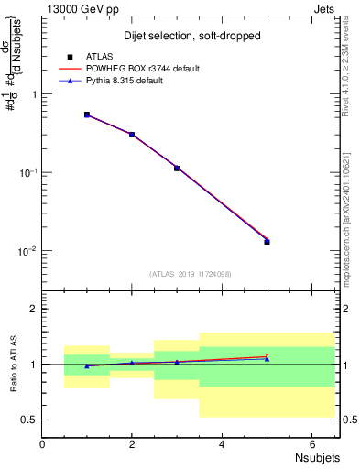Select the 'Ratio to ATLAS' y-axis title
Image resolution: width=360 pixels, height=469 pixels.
pos(13,366)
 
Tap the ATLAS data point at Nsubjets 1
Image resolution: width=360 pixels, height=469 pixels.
pos(87,115)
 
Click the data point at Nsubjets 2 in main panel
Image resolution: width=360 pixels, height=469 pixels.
pos(132,135)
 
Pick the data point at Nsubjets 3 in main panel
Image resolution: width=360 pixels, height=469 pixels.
pos(177,168)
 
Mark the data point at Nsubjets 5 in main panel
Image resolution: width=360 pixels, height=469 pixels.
pos(267,241)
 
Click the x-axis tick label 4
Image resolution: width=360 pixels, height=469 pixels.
pos(222,443)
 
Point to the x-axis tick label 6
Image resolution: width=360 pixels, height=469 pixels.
pos(311,443)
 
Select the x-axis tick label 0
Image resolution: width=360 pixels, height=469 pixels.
pos(42,443)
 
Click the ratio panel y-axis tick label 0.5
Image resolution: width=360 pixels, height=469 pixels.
pos(28,420)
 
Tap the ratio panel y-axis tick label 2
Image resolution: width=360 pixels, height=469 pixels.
pos(32,309)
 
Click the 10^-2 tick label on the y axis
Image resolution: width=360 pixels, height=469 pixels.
pos(27,251)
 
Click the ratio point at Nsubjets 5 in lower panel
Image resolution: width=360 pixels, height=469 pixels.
pos(267,358)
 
